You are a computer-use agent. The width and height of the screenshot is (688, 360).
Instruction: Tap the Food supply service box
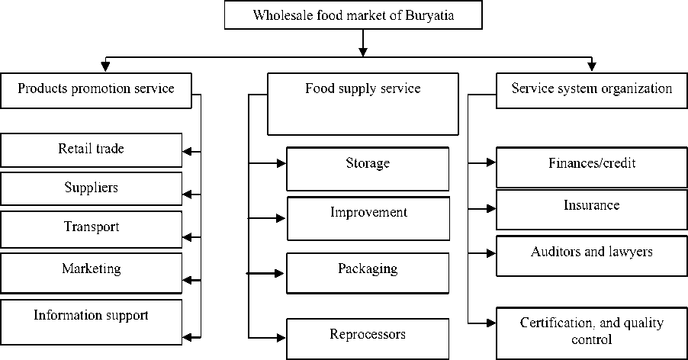click(363, 104)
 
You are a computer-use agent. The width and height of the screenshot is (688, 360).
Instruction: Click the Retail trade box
click(92, 150)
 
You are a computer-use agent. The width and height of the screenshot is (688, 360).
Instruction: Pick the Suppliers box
click(92, 188)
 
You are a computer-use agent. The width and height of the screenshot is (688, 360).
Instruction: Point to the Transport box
click(92, 228)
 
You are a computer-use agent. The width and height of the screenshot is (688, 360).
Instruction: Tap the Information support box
click(92, 320)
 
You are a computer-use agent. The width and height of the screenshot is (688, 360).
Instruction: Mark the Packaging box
click(368, 272)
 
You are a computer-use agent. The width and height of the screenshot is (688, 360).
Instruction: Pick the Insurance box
click(592, 210)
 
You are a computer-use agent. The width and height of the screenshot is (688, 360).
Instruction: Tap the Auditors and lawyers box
click(592, 256)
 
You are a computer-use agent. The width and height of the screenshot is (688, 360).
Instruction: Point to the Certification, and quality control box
click(592, 333)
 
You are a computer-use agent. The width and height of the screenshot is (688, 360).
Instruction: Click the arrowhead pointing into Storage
click(281, 162)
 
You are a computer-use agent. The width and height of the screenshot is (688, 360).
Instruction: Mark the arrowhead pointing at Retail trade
click(188, 152)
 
